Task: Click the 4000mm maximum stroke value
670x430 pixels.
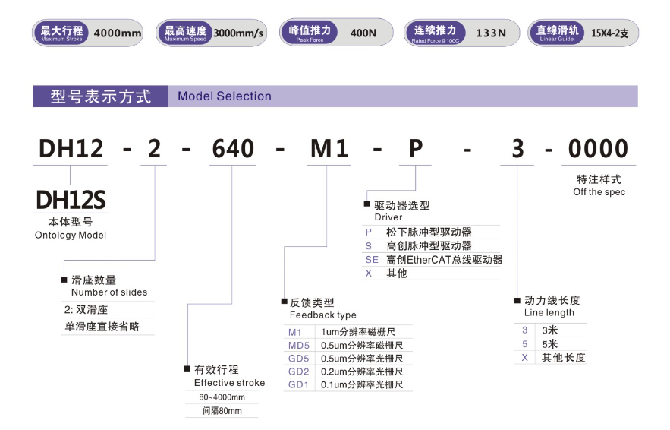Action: pyautogui.click(x=118, y=33)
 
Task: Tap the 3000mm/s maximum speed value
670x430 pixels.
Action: pyautogui.click(x=238, y=33)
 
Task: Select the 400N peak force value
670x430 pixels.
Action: pyautogui.click(x=363, y=33)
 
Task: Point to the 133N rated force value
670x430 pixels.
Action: pyautogui.click(x=491, y=33)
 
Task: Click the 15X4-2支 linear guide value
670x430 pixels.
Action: pyautogui.click(x=610, y=33)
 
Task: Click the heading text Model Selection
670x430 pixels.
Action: pyautogui.click(x=225, y=96)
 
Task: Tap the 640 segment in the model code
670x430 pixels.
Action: pyautogui.click(x=233, y=149)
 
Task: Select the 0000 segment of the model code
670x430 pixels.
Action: pyautogui.click(x=598, y=149)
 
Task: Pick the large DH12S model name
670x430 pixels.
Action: pyautogui.click(x=71, y=200)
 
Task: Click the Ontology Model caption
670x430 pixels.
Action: pyautogui.click(x=71, y=235)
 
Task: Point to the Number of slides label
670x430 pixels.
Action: pyautogui.click(x=109, y=292)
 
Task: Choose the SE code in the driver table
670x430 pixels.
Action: pyautogui.click(x=372, y=260)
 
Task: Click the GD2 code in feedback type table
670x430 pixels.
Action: pyautogui.click(x=298, y=372)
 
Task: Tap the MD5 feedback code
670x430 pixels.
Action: pyautogui.click(x=299, y=345)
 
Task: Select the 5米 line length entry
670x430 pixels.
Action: pyautogui.click(x=550, y=344)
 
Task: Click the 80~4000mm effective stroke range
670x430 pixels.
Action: pyautogui.click(x=222, y=397)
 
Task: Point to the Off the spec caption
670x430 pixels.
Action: pyautogui.click(x=599, y=192)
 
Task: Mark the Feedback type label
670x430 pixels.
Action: pyautogui.click(x=322, y=315)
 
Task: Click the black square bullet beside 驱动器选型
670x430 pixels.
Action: pyautogui.click(x=366, y=204)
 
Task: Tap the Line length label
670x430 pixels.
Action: pyautogui.click(x=549, y=313)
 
